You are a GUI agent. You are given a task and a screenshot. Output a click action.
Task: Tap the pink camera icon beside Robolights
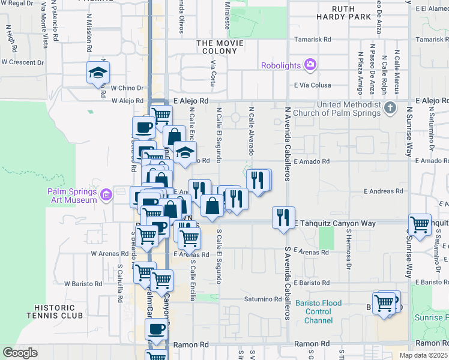click(310, 64)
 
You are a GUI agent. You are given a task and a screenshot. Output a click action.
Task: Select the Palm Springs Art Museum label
click(72, 196)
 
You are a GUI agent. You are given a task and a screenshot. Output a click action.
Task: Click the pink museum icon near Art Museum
click(107, 194)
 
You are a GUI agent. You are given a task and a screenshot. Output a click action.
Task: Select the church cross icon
click(390, 108)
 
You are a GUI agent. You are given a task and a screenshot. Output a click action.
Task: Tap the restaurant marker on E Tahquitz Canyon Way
click(283, 217)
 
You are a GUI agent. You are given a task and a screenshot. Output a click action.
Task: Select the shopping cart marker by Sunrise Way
click(420, 224)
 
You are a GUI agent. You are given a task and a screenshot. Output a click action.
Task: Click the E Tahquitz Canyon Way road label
click(334, 223)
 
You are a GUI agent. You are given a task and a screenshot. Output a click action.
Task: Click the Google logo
click(20, 353)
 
